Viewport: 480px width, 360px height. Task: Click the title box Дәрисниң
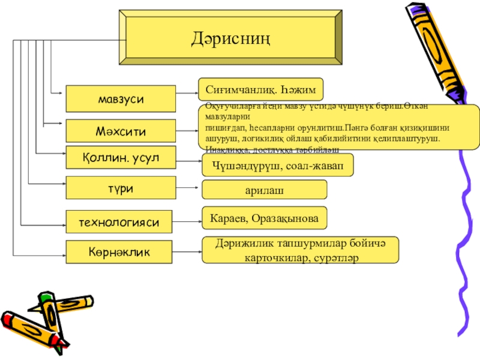click(x=232, y=37)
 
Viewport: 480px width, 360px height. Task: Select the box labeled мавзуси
click(x=121, y=98)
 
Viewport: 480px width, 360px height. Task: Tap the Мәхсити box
click(x=121, y=130)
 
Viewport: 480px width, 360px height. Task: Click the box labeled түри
click(x=121, y=187)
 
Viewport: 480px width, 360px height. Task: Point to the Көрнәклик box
click(x=121, y=252)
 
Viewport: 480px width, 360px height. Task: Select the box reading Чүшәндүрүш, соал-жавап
click(x=277, y=165)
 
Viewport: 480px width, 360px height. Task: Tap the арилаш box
click(x=264, y=190)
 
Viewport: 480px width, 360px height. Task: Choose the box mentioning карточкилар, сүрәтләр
click(x=300, y=250)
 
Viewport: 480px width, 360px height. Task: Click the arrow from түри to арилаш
click(x=187, y=187)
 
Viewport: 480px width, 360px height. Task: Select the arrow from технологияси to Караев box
click(x=187, y=221)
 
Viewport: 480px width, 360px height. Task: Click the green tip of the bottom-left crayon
click(x=45, y=297)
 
